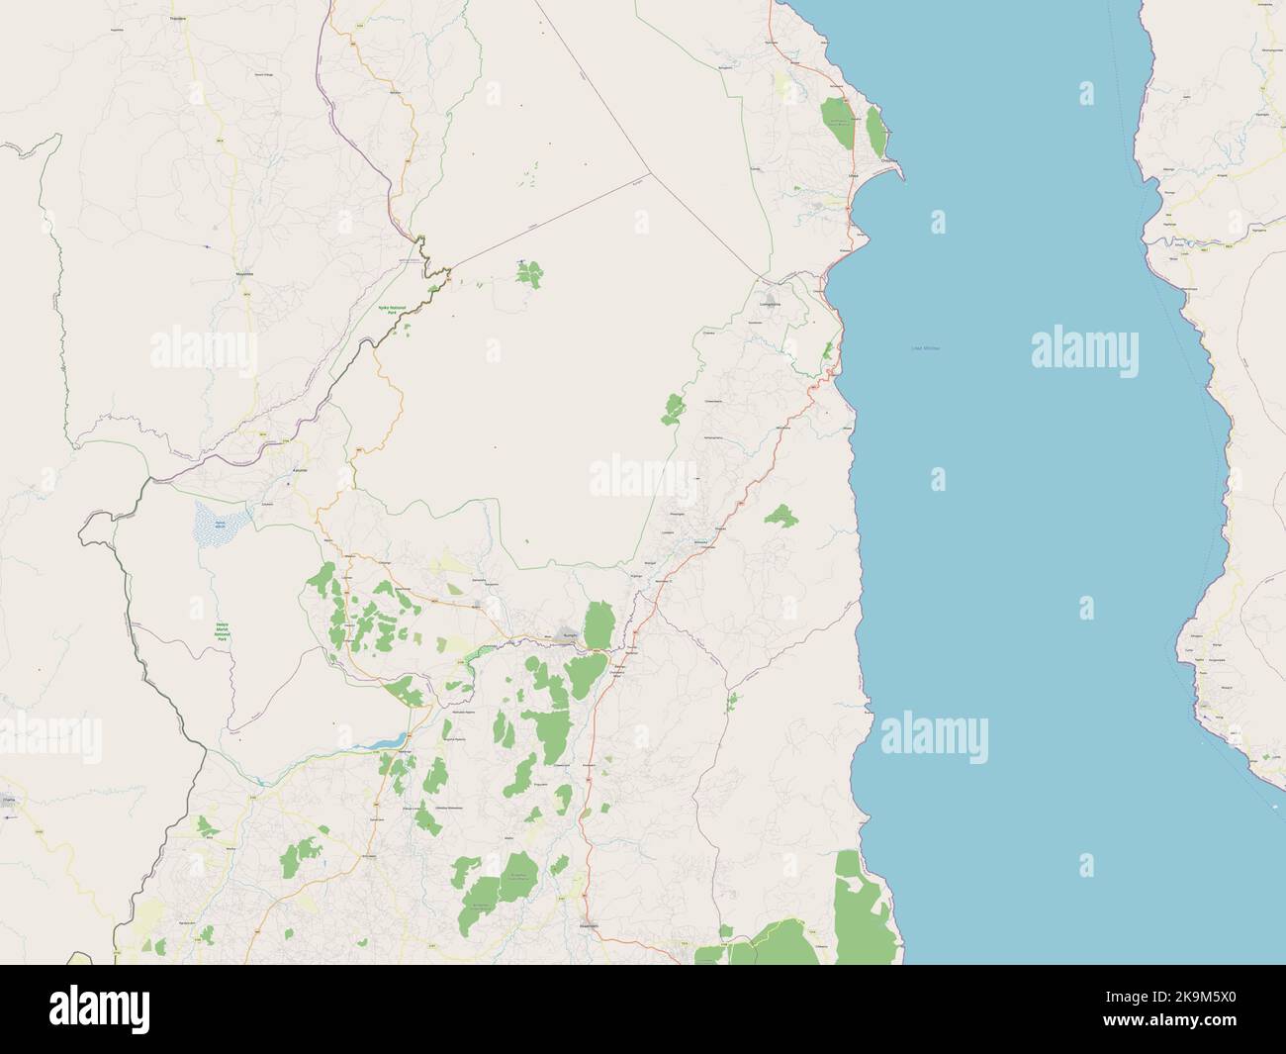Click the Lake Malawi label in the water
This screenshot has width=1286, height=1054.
coord(926,348)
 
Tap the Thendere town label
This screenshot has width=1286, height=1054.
coord(179,19)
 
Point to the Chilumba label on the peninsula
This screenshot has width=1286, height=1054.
coord(888,160)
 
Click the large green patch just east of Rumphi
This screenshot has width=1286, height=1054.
coord(597,624)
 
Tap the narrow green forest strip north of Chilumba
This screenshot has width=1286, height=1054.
coord(875,129)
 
